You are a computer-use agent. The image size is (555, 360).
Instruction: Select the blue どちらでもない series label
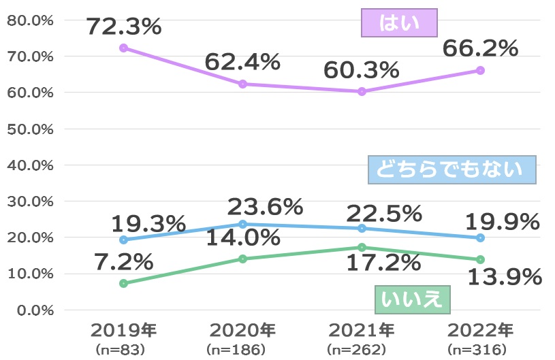point(451,170)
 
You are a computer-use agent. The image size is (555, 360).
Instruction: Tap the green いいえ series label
point(412,298)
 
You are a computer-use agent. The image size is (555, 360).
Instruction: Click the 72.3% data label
point(123,27)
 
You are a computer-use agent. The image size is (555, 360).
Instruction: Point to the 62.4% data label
point(242,63)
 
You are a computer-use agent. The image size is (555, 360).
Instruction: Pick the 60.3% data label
point(361,69)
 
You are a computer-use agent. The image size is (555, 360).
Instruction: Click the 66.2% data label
point(480,48)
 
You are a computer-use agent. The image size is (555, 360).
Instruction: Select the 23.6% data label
point(265,206)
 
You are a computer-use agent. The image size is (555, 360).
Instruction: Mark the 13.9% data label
point(504,277)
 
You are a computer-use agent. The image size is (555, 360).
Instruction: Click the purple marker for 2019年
point(123,48)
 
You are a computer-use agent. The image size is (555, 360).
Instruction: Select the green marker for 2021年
point(362,247)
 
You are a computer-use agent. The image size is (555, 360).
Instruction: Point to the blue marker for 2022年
point(480,238)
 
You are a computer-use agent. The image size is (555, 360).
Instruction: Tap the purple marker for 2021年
point(362,91)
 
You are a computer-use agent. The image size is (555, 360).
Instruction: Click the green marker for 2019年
point(123,283)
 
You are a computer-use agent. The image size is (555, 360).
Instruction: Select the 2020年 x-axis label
point(242,331)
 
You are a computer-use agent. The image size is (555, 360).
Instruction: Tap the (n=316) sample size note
point(480,350)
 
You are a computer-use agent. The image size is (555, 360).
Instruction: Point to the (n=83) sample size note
point(123,350)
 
